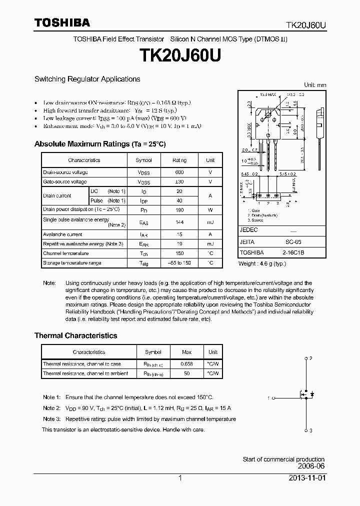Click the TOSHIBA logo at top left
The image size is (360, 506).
(62, 22)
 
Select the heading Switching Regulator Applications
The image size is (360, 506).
(87, 79)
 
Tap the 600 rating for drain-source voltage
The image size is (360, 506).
(179, 172)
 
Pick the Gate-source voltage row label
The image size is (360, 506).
(65, 181)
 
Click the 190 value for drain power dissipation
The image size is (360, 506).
(179, 209)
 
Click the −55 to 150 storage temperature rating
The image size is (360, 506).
(179, 262)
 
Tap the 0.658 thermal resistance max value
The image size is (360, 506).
(186, 364)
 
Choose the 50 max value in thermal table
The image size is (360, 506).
(186, 373)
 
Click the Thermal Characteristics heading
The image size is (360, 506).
(75, 335)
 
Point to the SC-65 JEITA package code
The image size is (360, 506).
(297, 241)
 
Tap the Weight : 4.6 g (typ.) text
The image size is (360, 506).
(262, 263)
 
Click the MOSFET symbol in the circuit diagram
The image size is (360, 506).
(304, 394)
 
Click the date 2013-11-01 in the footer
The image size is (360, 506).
(306, 478)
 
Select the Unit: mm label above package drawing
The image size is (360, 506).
(315, 85)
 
